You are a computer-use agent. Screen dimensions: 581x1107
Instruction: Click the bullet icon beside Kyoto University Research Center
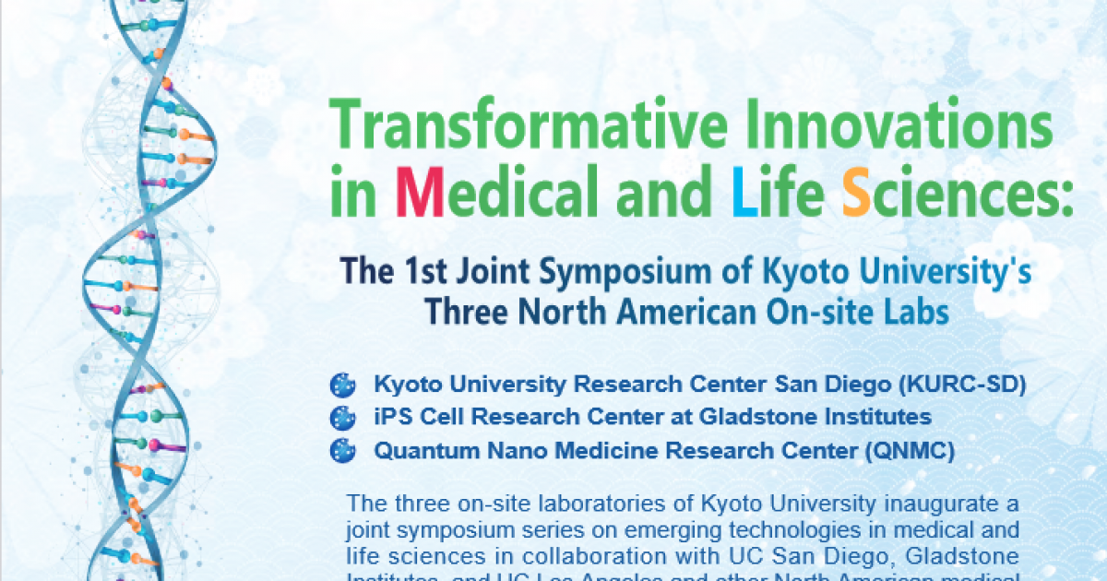[x=343, y=384]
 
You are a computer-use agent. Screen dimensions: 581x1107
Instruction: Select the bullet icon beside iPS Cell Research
[x=343, y=417]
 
